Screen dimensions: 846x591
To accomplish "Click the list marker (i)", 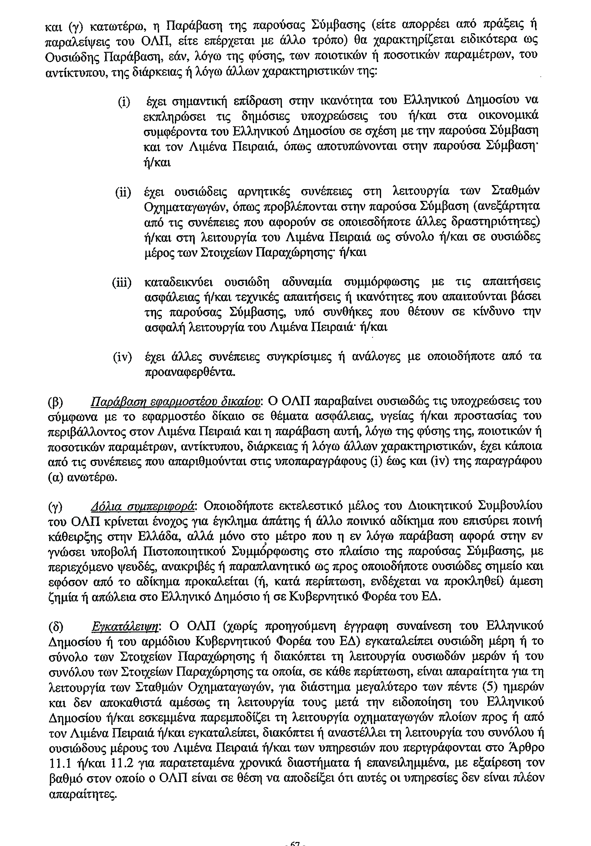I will [124, 101].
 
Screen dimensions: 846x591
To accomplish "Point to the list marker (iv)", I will [122, 357].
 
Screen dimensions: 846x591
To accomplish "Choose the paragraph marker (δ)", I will [56, 627].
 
